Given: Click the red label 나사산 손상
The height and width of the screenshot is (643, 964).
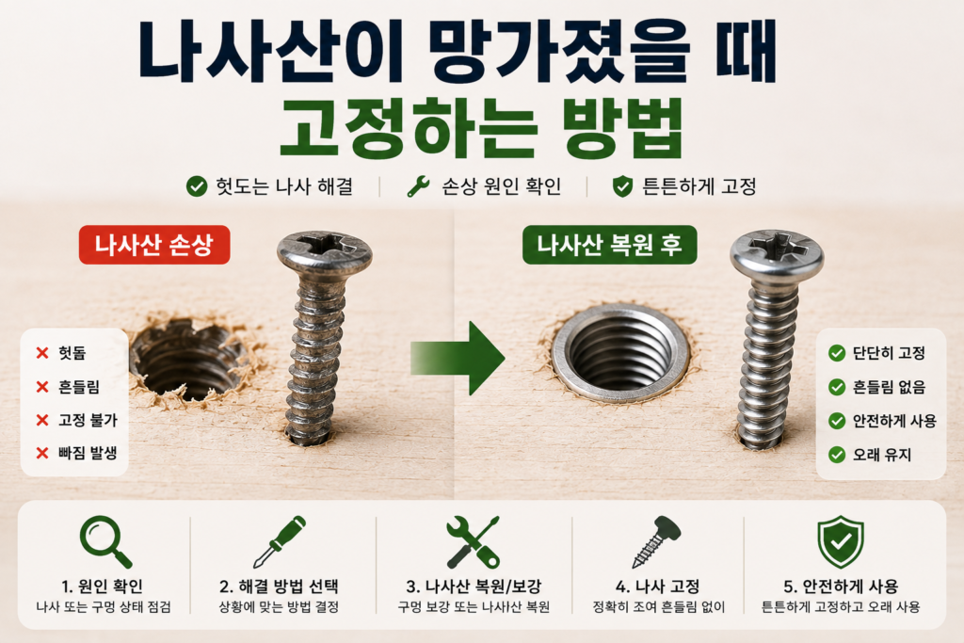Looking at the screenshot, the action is point(154,245).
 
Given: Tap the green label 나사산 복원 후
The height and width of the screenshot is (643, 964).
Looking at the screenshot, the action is point(609,245).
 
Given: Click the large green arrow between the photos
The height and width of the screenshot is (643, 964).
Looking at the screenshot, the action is point(458,358).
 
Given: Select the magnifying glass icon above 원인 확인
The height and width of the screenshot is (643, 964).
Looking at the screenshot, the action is point(105,541).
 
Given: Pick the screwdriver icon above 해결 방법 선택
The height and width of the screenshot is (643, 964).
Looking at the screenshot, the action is point(280,541).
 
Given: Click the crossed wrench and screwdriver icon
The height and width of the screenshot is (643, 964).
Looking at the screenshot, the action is point(473,541).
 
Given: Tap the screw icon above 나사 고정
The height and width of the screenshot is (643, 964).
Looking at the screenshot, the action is point(656,541).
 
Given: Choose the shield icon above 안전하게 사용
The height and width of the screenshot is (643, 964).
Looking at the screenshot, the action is point(841,541).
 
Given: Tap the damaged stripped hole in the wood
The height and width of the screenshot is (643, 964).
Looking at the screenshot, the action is point(187,359).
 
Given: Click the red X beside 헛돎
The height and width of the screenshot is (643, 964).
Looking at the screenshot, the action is point(42,353).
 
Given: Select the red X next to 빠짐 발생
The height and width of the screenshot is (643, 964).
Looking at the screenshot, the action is point(42,453).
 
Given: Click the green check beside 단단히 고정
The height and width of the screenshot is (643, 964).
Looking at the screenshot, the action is point(837,353).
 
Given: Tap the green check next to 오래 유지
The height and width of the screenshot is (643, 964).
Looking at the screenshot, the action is point(837,455).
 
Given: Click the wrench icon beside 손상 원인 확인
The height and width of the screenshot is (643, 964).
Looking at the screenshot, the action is point(419,186).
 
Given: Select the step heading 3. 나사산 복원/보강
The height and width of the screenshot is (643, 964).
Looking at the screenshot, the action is point(474,587).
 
